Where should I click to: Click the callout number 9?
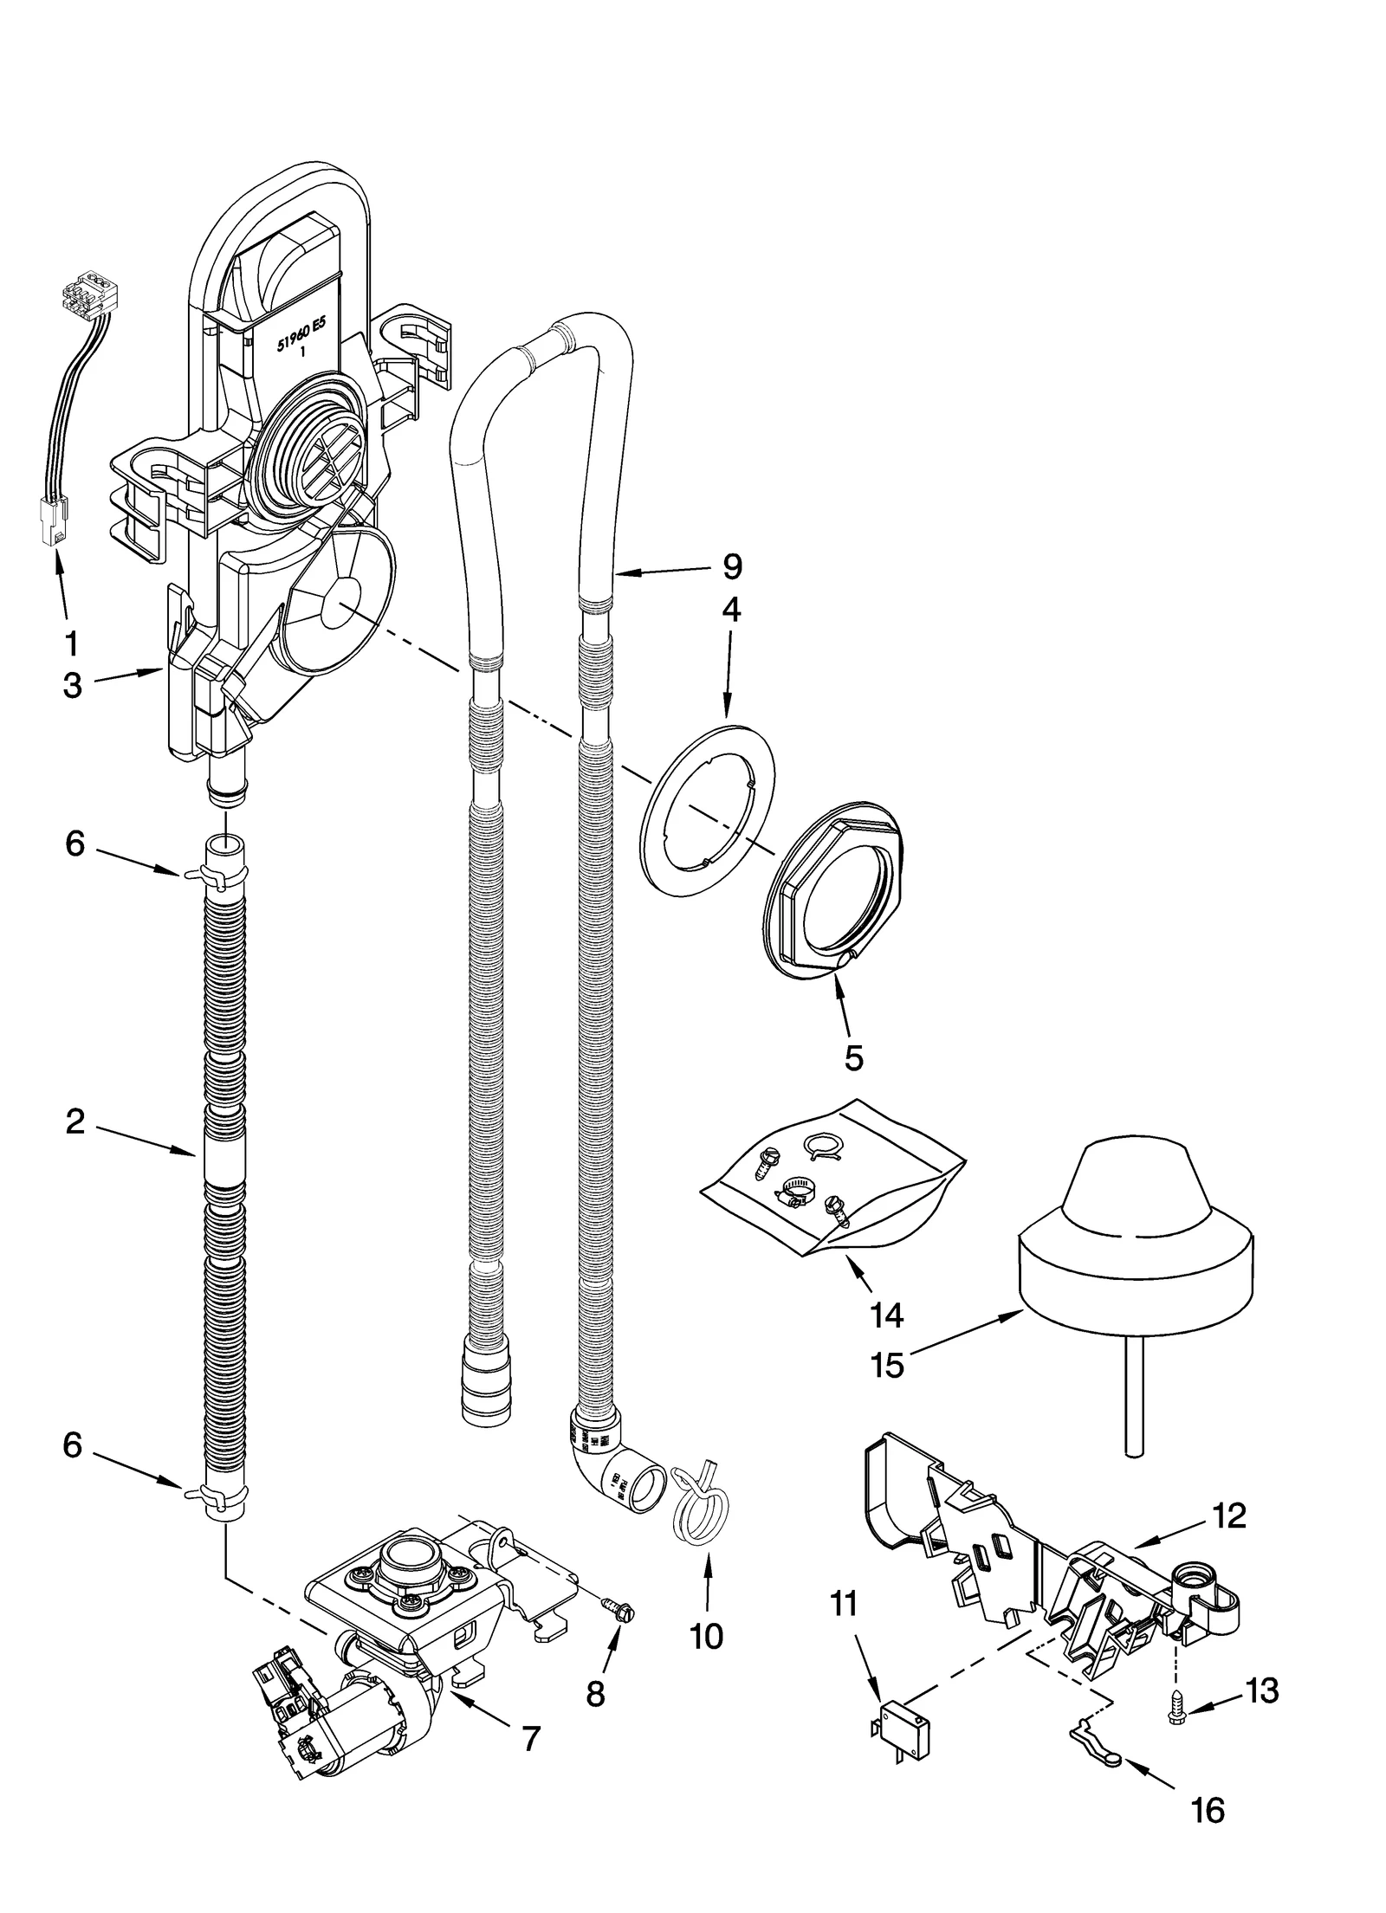(x=732, y=566)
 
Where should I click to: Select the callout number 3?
(x=73, y=685)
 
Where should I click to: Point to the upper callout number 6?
(x=75, y=843)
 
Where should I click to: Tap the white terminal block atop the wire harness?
(x=87, y=301)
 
